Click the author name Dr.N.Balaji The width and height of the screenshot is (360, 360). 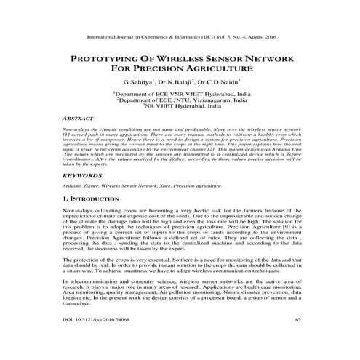[179, 83]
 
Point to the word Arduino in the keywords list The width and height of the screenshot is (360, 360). [72, 186]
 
